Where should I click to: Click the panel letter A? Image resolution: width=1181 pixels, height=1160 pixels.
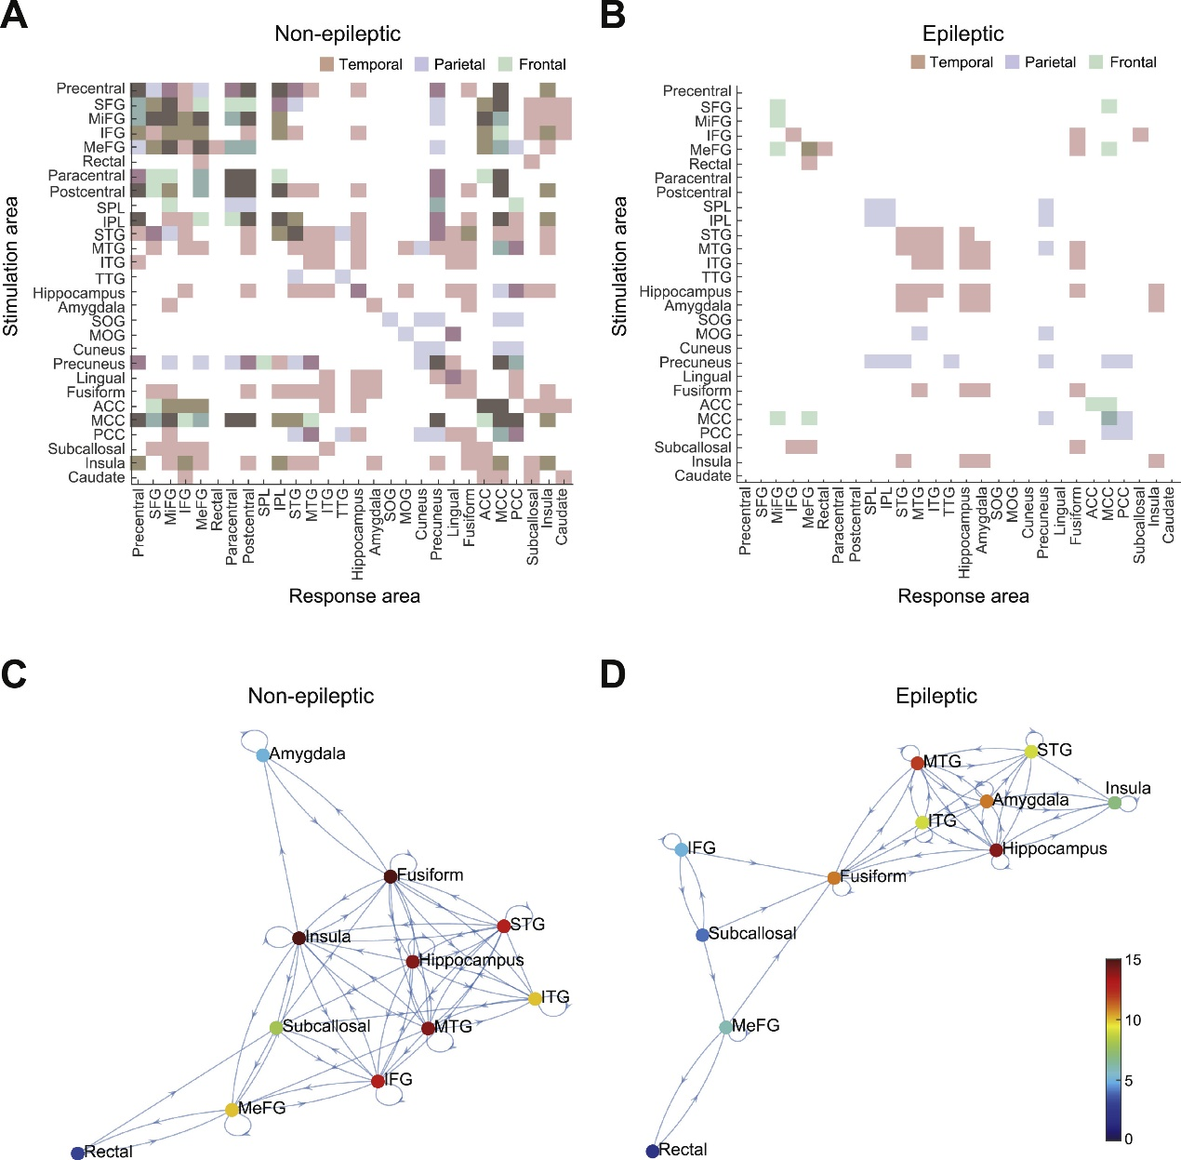(14, 16)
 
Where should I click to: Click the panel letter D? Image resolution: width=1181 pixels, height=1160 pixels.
(613, 674)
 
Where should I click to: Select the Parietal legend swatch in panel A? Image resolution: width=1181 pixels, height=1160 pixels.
(421, 64)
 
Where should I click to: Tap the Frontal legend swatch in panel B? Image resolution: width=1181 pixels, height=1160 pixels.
(1095, 62)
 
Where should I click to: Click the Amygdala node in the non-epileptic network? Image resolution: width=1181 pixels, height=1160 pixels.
(263, 754)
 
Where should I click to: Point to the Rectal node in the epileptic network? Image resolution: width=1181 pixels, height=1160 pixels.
(653, 1151)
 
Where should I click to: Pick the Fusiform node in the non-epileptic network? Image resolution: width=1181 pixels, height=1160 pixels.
(391, 876)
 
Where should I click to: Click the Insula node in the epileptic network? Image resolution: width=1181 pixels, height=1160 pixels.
(1114, 802)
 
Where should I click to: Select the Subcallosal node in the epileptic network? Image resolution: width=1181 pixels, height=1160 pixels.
(702, 934)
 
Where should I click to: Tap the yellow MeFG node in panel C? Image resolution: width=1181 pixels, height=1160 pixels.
(232, 1110)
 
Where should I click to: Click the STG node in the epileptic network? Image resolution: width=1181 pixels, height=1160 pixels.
(1030, 751)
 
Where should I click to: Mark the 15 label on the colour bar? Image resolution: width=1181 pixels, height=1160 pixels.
(1133, 960)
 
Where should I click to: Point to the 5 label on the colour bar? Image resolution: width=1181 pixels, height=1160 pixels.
(1129, 1081)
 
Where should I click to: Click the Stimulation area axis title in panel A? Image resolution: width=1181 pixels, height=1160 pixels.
(11, 266)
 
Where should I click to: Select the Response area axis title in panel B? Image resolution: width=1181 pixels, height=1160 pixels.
(962, 596)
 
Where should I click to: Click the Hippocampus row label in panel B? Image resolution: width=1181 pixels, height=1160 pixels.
(684, 292)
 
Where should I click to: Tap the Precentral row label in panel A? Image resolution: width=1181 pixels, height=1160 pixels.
(90, 88)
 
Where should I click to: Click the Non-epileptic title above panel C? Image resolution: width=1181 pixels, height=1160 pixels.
(311, 696)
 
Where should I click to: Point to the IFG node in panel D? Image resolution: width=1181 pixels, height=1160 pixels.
(681, 849)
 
